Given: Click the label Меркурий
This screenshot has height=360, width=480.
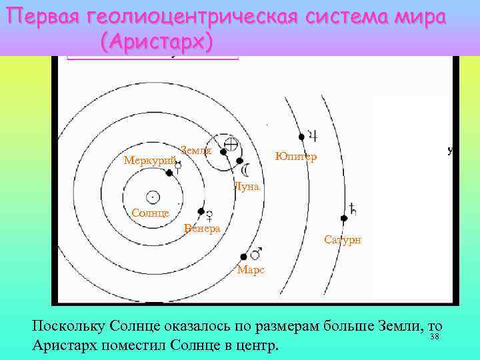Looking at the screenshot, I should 149,160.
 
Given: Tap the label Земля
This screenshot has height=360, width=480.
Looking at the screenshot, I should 196,151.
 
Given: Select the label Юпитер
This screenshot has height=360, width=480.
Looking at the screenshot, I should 296,157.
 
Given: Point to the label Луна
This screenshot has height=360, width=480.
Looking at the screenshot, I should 246,187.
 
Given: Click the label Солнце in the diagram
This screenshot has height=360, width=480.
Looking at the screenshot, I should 150,213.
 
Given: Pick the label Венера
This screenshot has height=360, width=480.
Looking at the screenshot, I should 202,229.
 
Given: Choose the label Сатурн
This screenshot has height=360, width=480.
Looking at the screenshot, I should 342,239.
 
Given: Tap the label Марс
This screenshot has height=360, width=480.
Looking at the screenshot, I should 251,269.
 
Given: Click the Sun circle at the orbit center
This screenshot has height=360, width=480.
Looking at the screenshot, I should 153,197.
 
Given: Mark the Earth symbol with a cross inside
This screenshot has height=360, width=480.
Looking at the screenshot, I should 231,145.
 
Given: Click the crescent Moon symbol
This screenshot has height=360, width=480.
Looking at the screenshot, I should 245,169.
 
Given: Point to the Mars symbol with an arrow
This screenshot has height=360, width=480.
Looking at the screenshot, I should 255,253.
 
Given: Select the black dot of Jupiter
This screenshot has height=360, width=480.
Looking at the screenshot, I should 303,136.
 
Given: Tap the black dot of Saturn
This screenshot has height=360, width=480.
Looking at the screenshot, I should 344,218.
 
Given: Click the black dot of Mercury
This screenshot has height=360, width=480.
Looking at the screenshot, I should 169,173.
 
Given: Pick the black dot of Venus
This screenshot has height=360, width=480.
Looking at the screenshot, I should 201,211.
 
